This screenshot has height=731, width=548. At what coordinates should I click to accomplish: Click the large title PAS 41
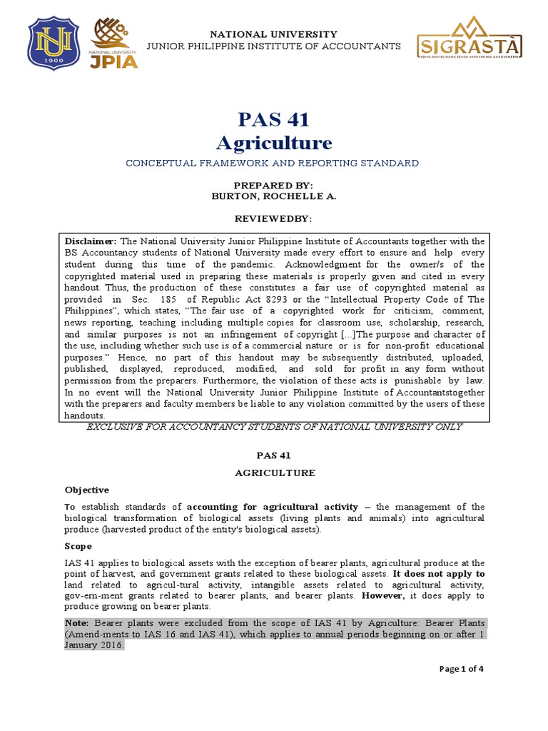(x=274, y=119)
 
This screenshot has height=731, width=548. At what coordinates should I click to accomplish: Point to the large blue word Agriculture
(x=274, y=143)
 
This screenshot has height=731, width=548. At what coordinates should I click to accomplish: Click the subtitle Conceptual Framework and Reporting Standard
(x=273, y=163)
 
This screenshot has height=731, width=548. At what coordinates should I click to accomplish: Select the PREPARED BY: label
(x=274, y=184)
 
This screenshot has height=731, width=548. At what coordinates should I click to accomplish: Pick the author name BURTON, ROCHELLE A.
(x=274, y=195)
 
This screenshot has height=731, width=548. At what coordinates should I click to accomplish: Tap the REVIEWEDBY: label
(x=274, y=216)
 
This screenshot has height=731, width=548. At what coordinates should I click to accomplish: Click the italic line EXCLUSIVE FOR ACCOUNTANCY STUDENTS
(x=274, y=427)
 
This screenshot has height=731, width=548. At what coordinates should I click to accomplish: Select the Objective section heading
(x=87, y=490)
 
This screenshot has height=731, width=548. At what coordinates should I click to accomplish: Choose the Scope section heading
(x=78, y=546)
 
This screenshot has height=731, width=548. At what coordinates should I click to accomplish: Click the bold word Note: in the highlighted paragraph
(x=78, y=623)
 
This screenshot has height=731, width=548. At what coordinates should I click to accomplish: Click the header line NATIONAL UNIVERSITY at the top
(x=273, y=34)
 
